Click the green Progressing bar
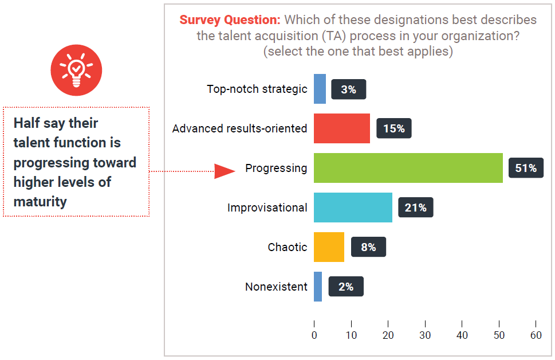coord(408,168)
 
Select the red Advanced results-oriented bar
coord(341,128)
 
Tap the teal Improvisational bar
coord(353,208)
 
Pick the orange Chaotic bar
coord(329,247)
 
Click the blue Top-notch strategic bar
coord(320,89)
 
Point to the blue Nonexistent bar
coord(318,287)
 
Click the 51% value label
coord(526,168)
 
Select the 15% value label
coord(393,129)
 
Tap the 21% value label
coord(415,208)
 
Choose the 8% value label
coord(368,247)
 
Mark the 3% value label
coord(348,89)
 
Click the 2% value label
coord(345,287)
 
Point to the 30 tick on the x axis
coord(425,335)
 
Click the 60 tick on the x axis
coord(536,335)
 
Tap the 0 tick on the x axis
coord(314,335)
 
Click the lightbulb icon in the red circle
coord(76,71)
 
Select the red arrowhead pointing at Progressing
coord(225,171)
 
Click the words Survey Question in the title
coord(230,20)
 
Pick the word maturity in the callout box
coord(40,202)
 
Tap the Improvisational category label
coord(267,208)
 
